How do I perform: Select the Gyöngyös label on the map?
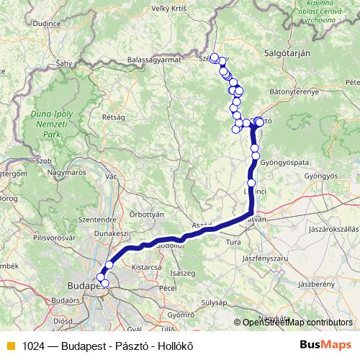tap(321, 176)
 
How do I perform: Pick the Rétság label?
tap(114, 117)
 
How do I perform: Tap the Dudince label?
tap(46, 23)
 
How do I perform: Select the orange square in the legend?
tap(9, 345)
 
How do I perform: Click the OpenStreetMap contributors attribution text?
tap(296, 323)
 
